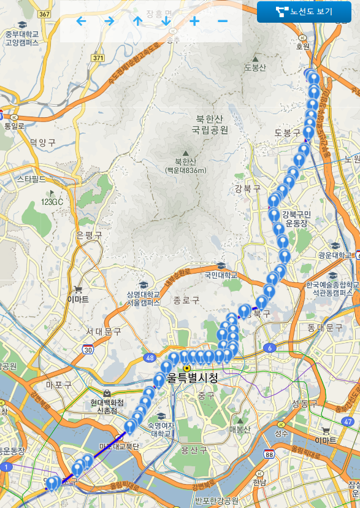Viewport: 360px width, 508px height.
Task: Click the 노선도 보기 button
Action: (304, 12)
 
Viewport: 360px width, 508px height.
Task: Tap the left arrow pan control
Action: (81, 21)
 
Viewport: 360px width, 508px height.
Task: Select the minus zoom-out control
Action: (223, 21)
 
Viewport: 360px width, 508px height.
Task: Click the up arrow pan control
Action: (137, 21)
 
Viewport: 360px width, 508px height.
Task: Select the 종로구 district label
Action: (186, 300)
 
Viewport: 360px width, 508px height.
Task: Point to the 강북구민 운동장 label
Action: (297, 219)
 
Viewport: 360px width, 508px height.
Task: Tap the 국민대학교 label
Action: (221, 275)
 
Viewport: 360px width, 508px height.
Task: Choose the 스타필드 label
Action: (31, 179)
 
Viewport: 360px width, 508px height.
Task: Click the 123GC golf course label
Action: (52, 202)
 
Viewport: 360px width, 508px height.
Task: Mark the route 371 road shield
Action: (98, 57)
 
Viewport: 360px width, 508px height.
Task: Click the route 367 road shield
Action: (43, 14)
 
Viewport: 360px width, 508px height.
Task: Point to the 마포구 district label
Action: (59, 385)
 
